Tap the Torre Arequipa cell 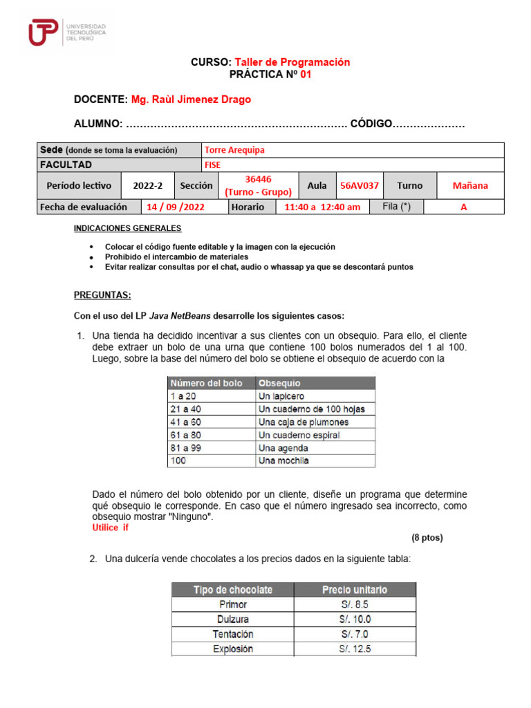pyautogui.click(x=234, y=150)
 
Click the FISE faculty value pyautogui.click(x=213, y=165)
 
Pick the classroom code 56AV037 pyautogui.click(x=359, y=186)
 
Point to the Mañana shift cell pyautogui.click(x=469, y=186)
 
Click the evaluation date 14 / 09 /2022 pyautogui.click(x=183, y=207)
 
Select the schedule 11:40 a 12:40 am pyautogui.click(x=322, y=207)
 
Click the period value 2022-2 pyautogui.click(x=147, y=186)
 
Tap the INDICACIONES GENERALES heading pyautogui.click(x=127, y=228)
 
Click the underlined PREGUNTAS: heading pyautogui.click(x=102, y=295)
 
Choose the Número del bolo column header pyautogui.click(x=206, y=383)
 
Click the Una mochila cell pyautogui.click(x=283, y=460)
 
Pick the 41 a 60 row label pyautogui.click(x=185, y=422)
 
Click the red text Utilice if pyautogui.click(x=110, y=528)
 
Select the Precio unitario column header pyautogui.click(x=355, y=590)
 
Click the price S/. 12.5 pyautogui.click(x=355, y=649)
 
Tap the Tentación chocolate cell pyautogui.click(x=232, y=634)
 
